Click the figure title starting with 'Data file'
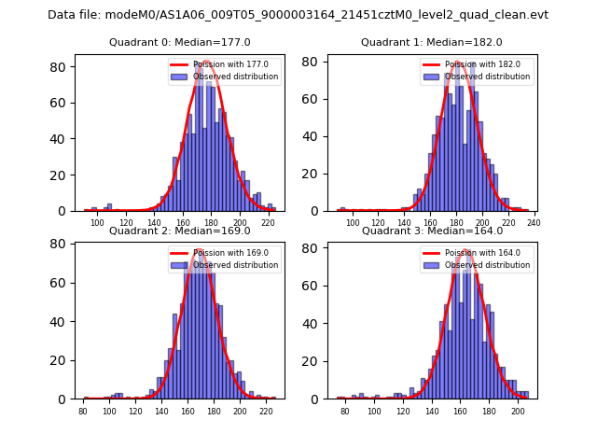click(x=298, y=15)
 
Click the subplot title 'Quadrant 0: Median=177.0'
click(x=180, y=42)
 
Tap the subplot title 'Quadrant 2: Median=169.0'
click(x=180, y=231)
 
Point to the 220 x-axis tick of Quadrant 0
click(x=268, y=223)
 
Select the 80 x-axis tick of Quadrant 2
click(x=83, y=411)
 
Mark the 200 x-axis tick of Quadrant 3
click(x=518, y=411)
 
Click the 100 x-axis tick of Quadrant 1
click(x=353, y=223)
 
